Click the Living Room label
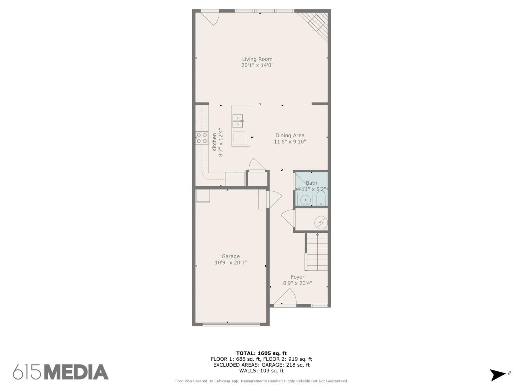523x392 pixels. (x=257, y=59)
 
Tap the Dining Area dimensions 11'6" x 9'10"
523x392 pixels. (x=290, y=141)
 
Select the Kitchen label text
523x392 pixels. (x=214, y=142)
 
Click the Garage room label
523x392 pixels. (x=231, y=256)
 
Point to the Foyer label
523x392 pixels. (x=298, y=277)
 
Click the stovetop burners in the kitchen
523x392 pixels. (x=202, y=138)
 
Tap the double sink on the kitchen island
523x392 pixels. (x=237, y=121)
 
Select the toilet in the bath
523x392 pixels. (x=321, y=198)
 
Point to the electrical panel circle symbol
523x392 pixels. (x=321, y=223)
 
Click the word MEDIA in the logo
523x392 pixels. (x=77, y=372)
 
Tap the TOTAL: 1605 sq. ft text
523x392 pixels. (x=261, y=353)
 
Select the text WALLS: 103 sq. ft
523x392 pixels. (x=261, y=371)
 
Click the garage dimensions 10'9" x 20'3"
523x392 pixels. (x=231, y=262)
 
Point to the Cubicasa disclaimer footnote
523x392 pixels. (x=261, y=381)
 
